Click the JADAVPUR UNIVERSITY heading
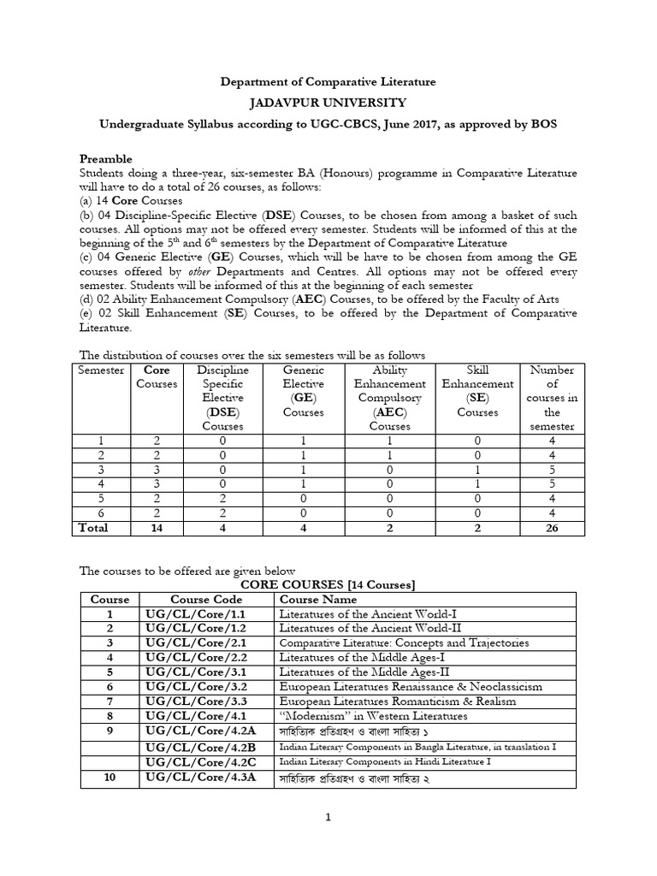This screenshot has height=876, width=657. [328, 103]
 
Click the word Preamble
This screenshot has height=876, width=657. [106, 158]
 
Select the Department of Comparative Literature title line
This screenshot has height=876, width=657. [328, 81]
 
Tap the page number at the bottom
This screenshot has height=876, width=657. [327, 817]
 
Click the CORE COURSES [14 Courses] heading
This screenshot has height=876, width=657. [328, 584]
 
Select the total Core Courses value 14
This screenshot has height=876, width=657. [157, 529]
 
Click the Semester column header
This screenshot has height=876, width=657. [101, 370]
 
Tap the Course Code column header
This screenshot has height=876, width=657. [205, 600]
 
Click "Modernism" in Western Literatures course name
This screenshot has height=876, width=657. [374, 716]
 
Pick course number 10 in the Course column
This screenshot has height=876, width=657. [109, 776]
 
